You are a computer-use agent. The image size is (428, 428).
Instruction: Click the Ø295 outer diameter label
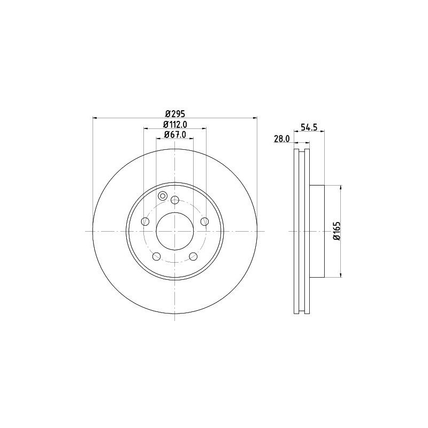tap(174, 113)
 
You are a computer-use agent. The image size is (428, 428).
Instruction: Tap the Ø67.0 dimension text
tap(174, 134)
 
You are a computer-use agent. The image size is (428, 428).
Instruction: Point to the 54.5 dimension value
tap(309, 127)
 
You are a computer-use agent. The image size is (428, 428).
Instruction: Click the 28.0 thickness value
tap(281, 139)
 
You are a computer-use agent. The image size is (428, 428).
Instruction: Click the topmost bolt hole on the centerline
tap(174, 200)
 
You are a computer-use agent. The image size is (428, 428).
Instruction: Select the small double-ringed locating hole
tap(163, 195)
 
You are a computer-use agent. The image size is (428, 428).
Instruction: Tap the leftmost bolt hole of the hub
tap(145, 221)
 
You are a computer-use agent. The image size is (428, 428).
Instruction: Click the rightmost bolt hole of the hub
tap(204, 221)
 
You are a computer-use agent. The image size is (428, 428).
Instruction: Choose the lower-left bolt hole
tap(156, 256)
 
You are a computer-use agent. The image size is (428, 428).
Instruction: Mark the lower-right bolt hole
tap(193, 256)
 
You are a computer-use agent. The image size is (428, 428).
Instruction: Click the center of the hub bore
tap(174, 231)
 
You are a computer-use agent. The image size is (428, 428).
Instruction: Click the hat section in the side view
tap(317, 231)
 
